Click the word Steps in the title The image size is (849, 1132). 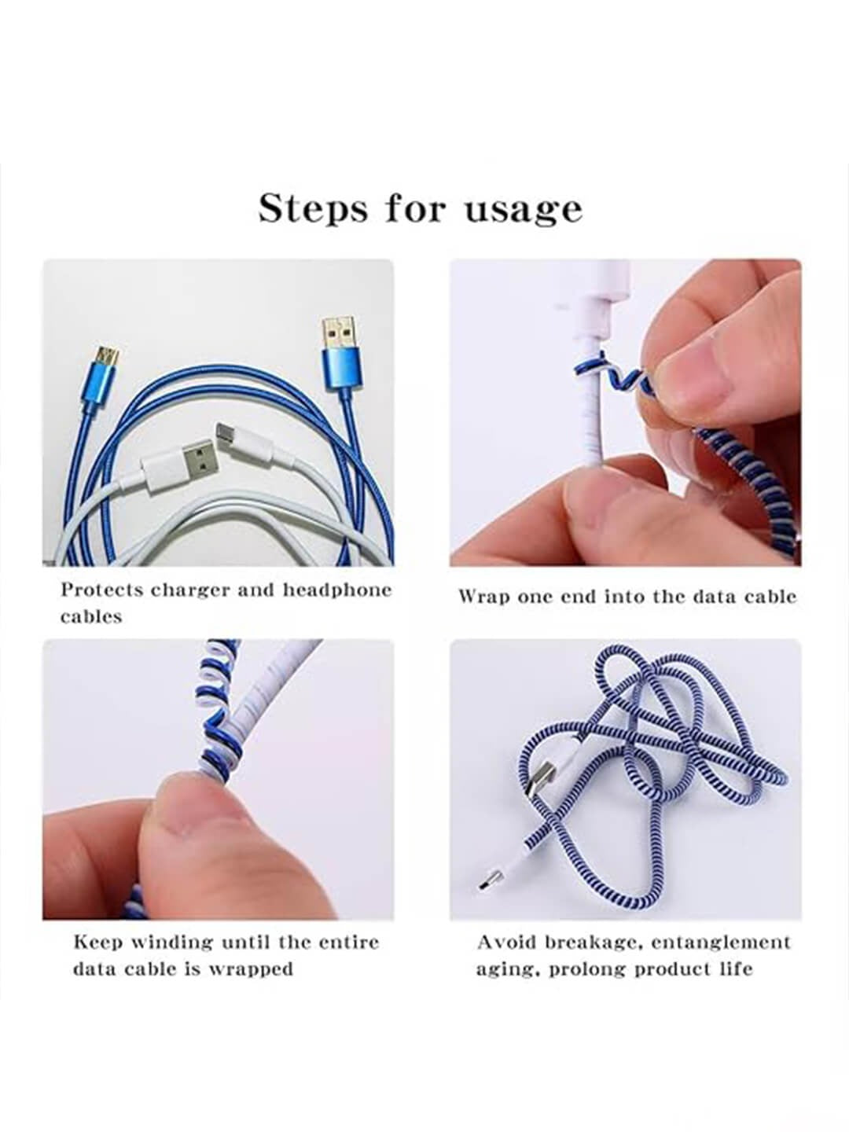point(313,208)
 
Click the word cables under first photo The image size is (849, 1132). point(91,616)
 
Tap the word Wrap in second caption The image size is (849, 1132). point(483,597)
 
